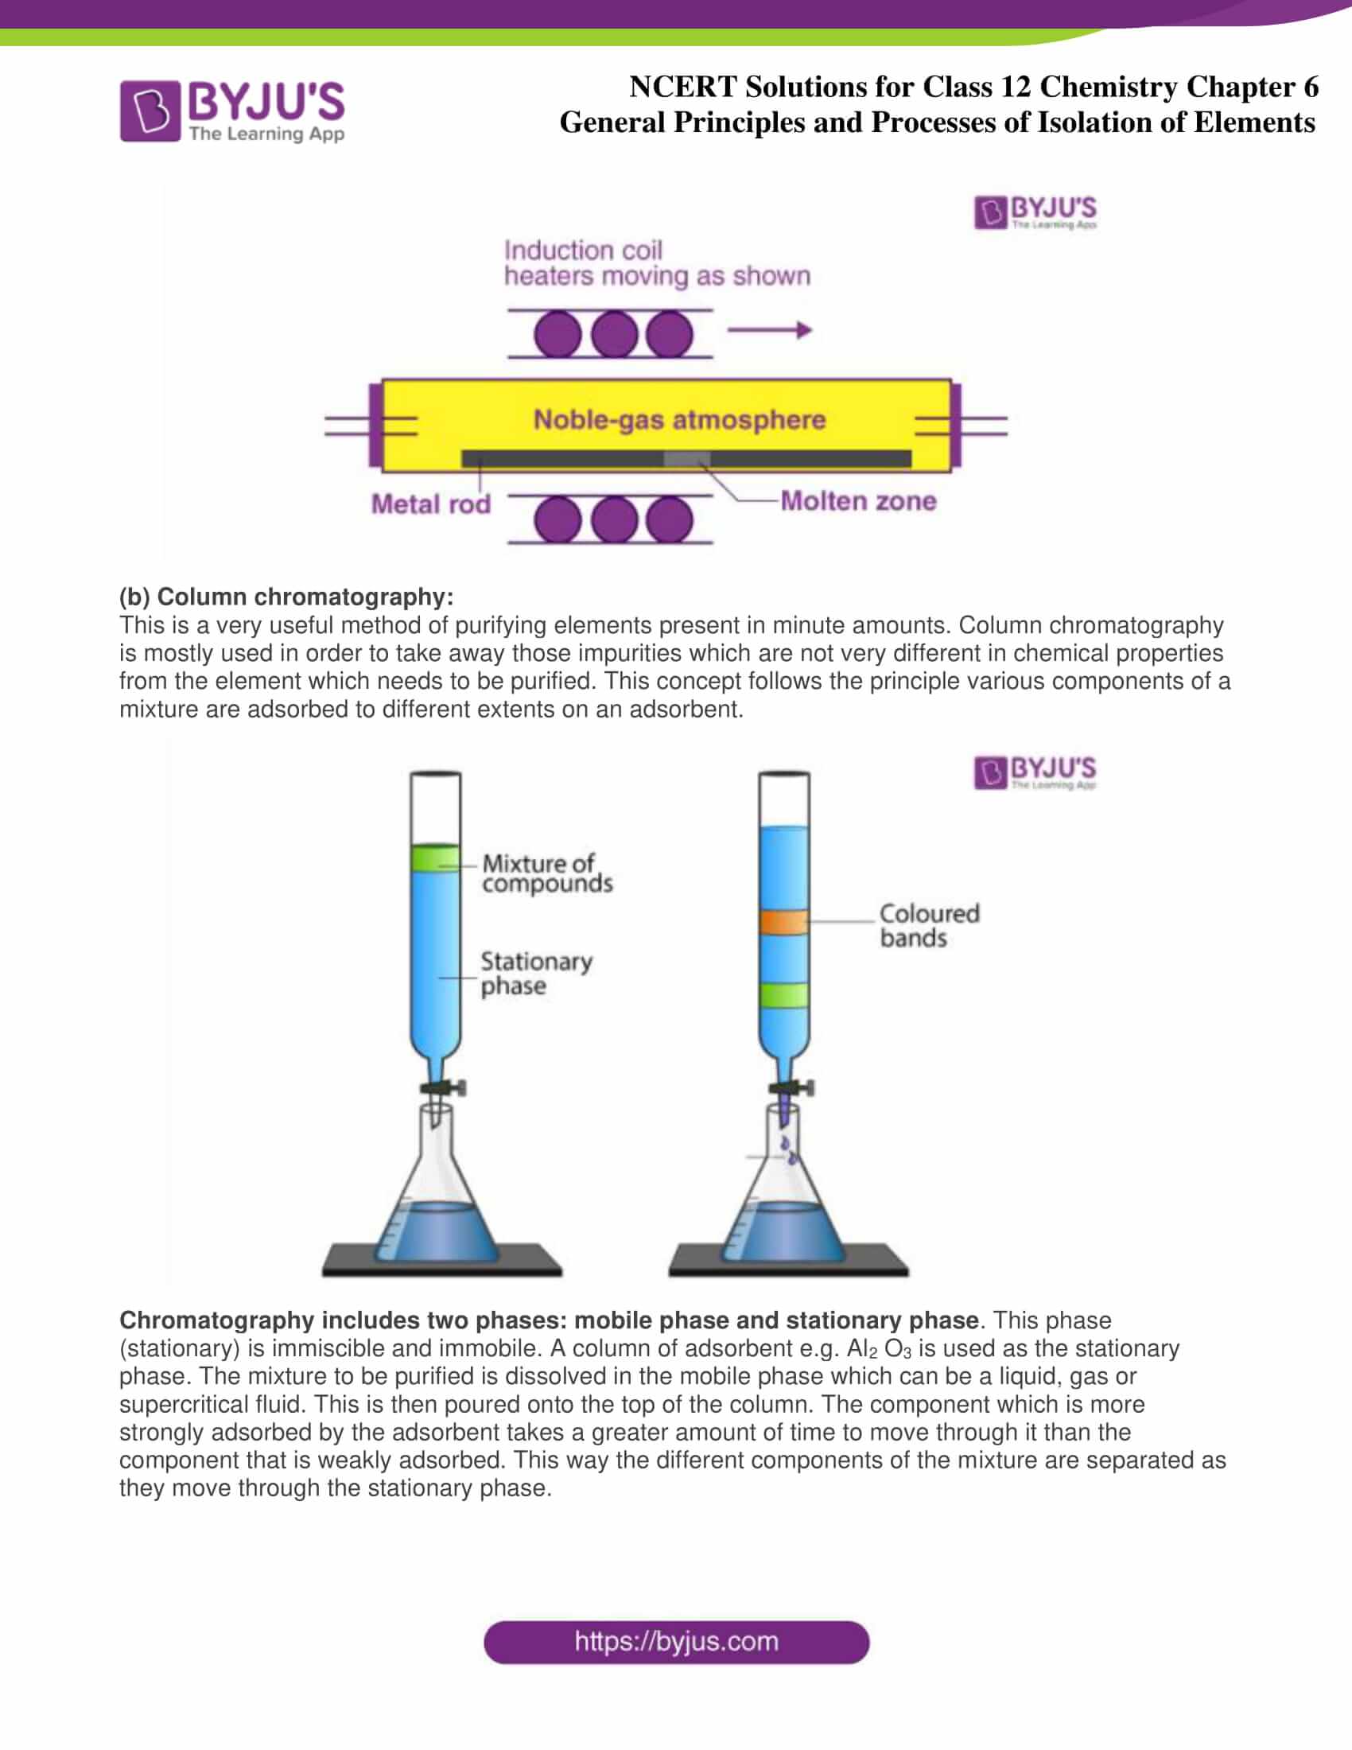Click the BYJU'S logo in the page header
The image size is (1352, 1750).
pyautogui.click(x=232, y=111)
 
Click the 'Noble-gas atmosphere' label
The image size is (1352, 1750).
pyautogui.click(x=679, y=419)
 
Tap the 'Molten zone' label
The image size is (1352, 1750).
pyautogui.click(x=858, y=501)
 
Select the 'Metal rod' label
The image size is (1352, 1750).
pyautogui.click(x=430, y=504)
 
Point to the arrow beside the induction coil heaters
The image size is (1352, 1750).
pyautogui.click(x=769, y=329)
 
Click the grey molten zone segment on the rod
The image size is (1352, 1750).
pyautogui.click(x=686, y=458)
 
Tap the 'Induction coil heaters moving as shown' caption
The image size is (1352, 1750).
pyautogui.click(x=657, y=262)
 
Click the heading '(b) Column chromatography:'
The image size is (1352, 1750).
pyautogui.click(x=286, y=596)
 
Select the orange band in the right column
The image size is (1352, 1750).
pyautogui.click(x=783, y=921)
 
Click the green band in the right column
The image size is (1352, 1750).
pyautogui.click(x=783, y=994)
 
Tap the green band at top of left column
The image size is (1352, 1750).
pyautogui.click(x=435, y=858)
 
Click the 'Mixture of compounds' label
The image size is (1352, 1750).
pyautogui.click(x=547, y=873)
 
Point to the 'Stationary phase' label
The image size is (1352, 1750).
pyautogui.click(x=536, y=973)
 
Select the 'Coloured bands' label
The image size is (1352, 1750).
pyautogui.click(x=928, y=925)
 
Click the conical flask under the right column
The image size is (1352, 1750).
pyautogui.click(x=783, y=1202)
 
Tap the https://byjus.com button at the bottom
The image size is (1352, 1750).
pyautogui.click(x=676, y=1642)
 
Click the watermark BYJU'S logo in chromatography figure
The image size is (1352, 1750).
pyautogui.click(x=1035, y=772)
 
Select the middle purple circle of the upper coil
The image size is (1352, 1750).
pyautogui.click(x=613, y=333)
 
